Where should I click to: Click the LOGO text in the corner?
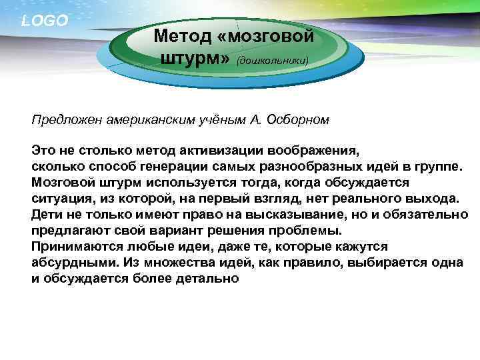(x=45, y=21)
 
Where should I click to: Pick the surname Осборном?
(x=297, y=120)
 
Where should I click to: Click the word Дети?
(x=45, y=215)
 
